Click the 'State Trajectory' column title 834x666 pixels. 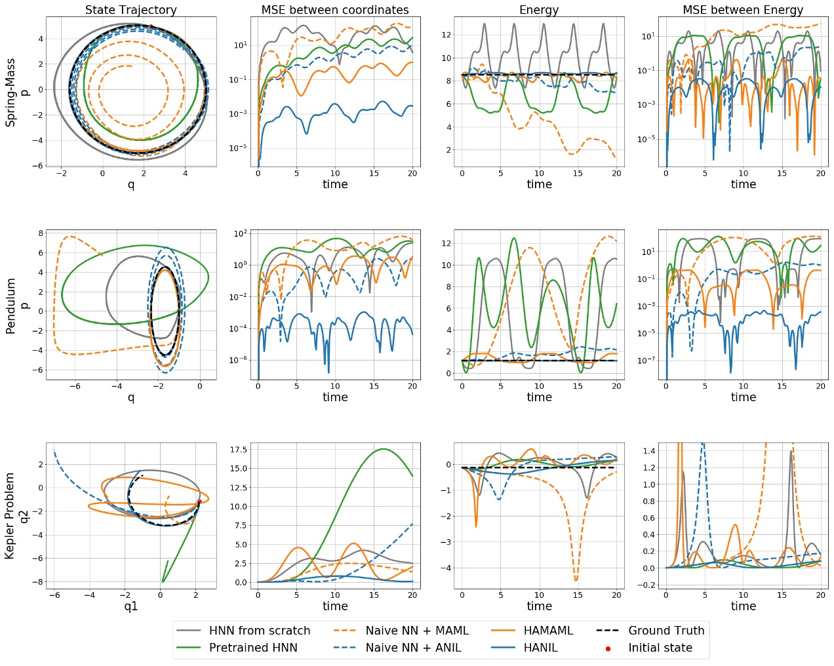click(130, 10)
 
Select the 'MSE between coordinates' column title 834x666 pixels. click(335, 10)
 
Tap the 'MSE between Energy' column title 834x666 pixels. click(743, 10)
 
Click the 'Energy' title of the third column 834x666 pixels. click(539, 10)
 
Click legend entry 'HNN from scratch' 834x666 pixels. click(260, 631)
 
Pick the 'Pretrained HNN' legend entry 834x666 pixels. click(253, 648)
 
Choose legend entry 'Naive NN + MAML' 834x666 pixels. click(417, 631)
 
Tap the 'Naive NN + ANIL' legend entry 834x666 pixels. click(413, 648)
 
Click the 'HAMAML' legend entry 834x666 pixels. click(548, 631)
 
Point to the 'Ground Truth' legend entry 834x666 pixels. click(666, 631)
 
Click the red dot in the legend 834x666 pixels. click(608, 648)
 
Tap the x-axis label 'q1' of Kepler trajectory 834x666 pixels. click(130, 606)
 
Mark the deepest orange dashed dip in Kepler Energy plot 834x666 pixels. click(576, 580)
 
